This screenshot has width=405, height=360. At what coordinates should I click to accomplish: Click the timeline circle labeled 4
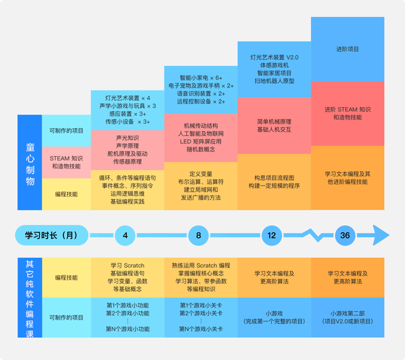tap(125, 235)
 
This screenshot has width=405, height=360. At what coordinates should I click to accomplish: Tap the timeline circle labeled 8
tap(198, 235)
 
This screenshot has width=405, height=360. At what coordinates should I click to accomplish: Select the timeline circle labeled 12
tap(272, 235)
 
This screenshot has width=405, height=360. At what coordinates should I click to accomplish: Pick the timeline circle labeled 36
tap(345, 235)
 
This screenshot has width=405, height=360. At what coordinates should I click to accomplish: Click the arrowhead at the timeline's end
tap(381, 235)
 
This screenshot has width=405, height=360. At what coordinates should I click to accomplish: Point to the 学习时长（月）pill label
tap(52, 235)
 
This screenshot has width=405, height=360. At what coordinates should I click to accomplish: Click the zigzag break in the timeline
tap(315, 235)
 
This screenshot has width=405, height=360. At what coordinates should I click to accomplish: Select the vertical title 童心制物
tap(30, 164)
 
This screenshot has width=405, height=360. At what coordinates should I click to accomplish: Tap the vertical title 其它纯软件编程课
tap(30, 298)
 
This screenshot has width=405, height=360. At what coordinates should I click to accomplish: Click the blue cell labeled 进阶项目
tap(347, 49)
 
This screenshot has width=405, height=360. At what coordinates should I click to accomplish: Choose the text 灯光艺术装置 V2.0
tap(274, 57)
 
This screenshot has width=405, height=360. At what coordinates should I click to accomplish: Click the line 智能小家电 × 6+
tap(201, 78)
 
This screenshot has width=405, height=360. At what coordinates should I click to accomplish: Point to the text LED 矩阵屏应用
tap(200, 142)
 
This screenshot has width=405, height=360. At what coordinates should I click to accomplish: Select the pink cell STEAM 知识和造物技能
tap(66, 163)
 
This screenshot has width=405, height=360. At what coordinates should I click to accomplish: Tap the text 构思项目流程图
tap(274, 178)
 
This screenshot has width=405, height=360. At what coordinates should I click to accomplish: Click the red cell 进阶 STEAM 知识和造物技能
tap(347, 113)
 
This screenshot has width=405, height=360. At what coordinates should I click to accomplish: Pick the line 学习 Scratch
tap(128, 265)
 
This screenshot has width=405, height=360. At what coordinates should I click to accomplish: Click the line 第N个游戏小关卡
tap(201, 329)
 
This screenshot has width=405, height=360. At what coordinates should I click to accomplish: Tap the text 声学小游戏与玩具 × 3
tap(128, 106)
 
